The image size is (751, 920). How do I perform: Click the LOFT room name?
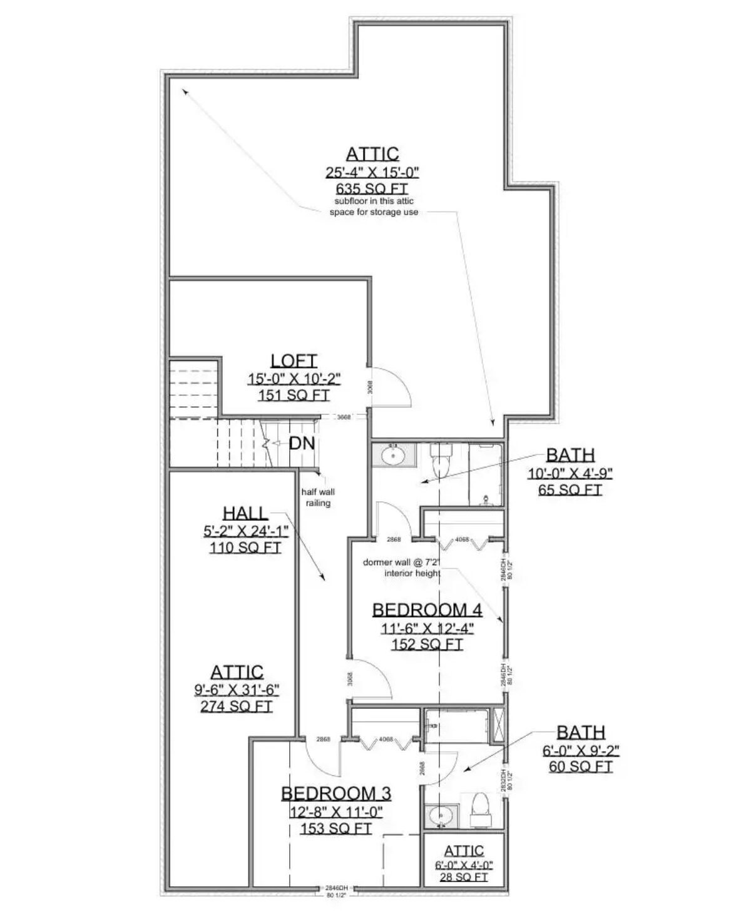click(294, 360)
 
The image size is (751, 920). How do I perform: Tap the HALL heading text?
click(245, 513)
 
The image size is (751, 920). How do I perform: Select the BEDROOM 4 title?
click(427, 610)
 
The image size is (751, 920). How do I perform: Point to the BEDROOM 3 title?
click(336, 794)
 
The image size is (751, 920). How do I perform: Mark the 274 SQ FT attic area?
click(237, 706)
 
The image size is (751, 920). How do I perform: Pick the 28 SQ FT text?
click(464, 877)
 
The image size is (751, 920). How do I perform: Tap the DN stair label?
click(301, 444)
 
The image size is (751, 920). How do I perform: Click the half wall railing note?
click(318, 498)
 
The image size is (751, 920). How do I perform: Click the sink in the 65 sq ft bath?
click(394, 455)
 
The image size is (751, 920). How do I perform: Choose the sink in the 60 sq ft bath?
click(441, 817)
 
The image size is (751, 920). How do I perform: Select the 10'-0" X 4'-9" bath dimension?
click(570, 473)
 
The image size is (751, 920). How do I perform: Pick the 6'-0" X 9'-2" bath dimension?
click(581, 750)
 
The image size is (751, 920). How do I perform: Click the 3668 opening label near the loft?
click(343, 417)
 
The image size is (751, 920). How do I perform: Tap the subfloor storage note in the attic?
click(374, 207)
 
